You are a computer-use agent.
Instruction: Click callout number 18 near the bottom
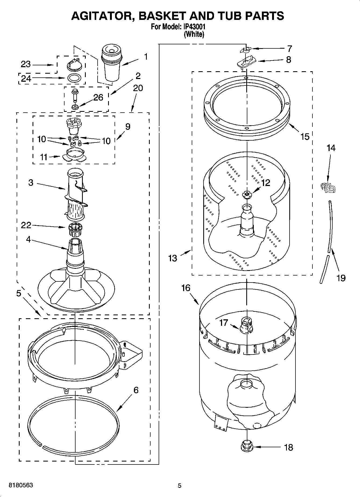[288, 447]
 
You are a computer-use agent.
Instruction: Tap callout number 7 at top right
[289, 49]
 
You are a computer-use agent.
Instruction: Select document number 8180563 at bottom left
[21, 485]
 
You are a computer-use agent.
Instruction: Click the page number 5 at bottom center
[180, 485]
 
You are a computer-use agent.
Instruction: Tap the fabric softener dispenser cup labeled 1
[111, 63]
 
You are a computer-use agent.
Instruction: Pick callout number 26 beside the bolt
[98, 97]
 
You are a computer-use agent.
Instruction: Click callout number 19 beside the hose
[341, 278]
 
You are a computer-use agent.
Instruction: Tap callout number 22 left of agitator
[26, 225]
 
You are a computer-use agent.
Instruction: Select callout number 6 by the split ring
[136, 390]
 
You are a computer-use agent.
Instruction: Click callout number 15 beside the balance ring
[305, 137]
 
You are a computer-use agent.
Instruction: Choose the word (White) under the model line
[194, 34]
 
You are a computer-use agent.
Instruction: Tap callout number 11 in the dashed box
[44, 157]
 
